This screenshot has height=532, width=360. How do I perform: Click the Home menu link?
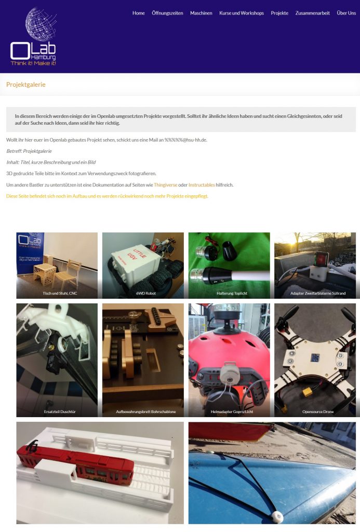(138, 13)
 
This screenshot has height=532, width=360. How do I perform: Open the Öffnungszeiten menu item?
(167, 13)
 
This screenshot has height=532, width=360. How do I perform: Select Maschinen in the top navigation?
(201, 13)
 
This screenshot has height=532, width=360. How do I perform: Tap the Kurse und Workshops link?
(242, 13)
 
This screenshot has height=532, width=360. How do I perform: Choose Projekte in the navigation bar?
(279, 13)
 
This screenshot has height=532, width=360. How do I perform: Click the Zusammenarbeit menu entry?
(313, 13)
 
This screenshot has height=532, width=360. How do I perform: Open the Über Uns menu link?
(346, 13)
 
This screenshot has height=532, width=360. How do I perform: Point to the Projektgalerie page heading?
(26, 85)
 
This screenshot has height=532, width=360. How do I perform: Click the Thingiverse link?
(166, 185)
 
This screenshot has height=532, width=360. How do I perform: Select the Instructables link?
(202, 185)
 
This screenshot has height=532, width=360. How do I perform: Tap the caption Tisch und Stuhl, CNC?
(60, 293)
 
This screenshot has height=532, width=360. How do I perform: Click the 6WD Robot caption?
(146, 293)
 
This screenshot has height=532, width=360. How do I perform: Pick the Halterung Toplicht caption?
(232, 293)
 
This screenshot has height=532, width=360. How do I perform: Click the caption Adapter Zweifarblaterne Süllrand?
(318, 293)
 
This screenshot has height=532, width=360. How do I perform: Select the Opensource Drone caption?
(318, 411)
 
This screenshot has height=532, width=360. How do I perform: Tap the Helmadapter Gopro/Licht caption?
(232, 411)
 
